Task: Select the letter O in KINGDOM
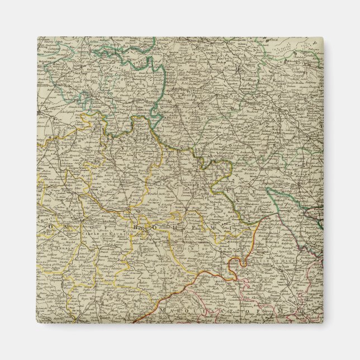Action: [39, 222]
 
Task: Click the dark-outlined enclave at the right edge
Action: [313, 215]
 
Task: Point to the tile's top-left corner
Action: [37, 37]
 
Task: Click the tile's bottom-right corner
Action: [323, 323]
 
